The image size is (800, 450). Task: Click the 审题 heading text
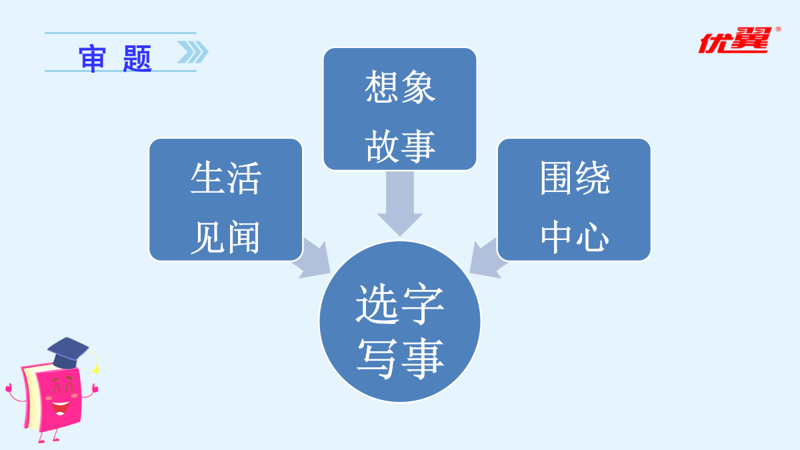[x=116, y=59]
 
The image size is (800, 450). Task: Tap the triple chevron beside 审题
[x=192, y=52]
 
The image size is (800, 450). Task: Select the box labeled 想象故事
[x=400, y=109]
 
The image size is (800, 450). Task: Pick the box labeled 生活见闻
[x=225, y=199]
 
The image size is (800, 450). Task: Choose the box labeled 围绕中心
[x=574, y=199]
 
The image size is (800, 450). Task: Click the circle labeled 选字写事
[x=400, y=322]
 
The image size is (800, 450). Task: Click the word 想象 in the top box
[x=400, y=87]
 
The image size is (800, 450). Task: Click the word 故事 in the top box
[x=400, y=146]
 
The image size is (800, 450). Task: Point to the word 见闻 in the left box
[x=225, y=236]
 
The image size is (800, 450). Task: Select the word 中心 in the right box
[x=574, y=236]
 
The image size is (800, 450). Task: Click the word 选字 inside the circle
[x=400, y=305]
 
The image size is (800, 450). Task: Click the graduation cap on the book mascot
[x=69, y=351]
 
